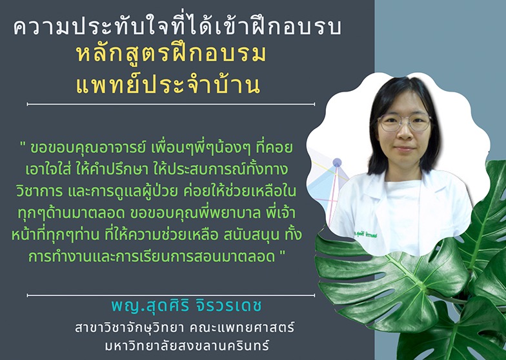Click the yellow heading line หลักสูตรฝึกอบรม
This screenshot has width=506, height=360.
(171, 54)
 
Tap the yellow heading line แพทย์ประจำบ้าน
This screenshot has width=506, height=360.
(168, 85)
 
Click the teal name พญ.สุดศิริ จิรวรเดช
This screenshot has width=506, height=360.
(186, 306)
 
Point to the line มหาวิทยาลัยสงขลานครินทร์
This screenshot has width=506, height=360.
(187, 346)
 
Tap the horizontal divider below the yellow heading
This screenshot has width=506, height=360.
(170, 105)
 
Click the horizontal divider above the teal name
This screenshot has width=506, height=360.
(170, 295)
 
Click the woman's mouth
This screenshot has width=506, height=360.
(405, 149)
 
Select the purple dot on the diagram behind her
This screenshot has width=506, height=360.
(337, 163)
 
